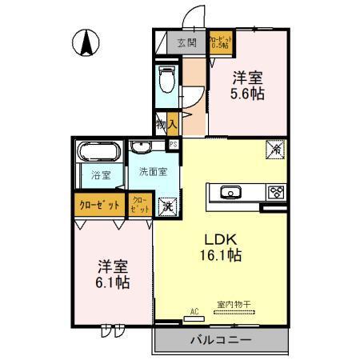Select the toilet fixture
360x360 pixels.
(x=167, y=80)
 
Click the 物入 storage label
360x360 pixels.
(x=165, y=126)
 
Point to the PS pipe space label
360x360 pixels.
(x=174, y=144)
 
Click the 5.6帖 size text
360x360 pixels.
(x=249, y=93)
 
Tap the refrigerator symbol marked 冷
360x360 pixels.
(x=274, y=149)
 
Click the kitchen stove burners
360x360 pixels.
(x=275, y=192)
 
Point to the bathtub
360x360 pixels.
(x=98, y=151)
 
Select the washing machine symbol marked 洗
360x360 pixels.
(x=167, y=206)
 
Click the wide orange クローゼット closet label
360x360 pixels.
(x=99, y=205)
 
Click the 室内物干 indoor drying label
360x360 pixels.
(x=234, y=304)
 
